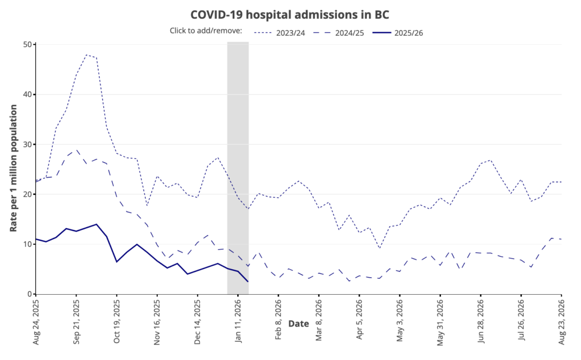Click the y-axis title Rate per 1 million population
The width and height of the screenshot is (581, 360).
14,169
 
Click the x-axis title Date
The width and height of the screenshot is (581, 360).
298,324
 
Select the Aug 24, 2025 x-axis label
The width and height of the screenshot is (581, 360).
36,321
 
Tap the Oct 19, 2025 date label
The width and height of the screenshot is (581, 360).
117,321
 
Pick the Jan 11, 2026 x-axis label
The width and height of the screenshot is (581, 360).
238,321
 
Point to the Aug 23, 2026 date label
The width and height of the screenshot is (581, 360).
562,321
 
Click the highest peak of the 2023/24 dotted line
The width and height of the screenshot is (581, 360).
86,55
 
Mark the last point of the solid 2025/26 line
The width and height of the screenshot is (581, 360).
248,282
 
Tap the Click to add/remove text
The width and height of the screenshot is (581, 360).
206,31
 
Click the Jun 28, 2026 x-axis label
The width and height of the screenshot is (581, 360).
481,321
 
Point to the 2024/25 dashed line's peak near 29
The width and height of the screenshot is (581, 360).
77,150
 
